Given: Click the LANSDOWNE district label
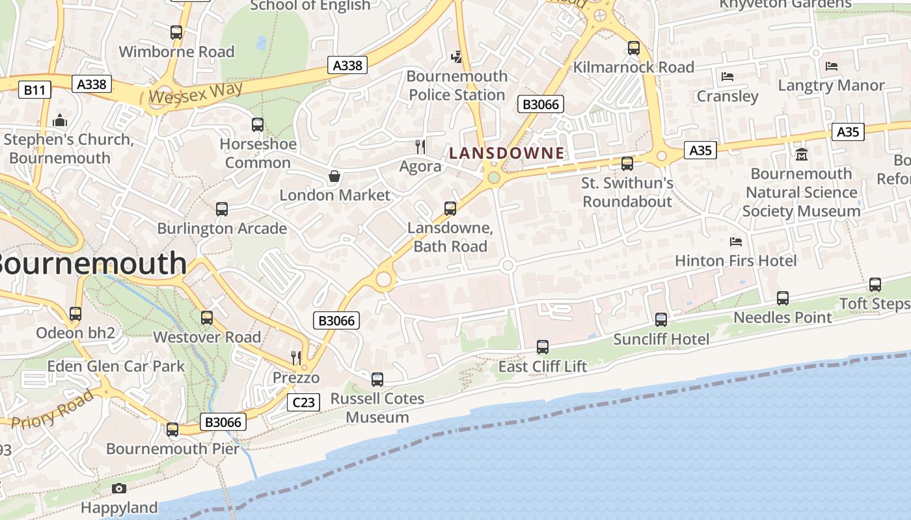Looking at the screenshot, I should [506, 153].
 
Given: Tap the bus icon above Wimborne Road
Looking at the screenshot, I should [176, 32].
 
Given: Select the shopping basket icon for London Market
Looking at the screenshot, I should [334, 176].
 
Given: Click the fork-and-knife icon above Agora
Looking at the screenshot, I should [420, 147].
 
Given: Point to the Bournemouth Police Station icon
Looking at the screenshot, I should [457, 57].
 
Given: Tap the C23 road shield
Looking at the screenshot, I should [303, 402].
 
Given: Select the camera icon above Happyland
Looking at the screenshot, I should [119, 488].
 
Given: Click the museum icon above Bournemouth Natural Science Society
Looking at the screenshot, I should [801, 155].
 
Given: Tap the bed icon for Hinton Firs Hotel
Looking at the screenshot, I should [736, 242].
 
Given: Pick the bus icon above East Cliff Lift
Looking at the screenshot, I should [543, 347].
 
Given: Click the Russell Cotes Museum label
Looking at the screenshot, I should [377, 408].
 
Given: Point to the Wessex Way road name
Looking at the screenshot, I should [195, 93].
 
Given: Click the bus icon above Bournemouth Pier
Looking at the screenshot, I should [172, 430].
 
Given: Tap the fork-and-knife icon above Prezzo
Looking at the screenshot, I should [296, 357].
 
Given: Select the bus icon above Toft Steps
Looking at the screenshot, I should [875, 285].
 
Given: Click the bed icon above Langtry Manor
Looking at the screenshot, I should [832, 66].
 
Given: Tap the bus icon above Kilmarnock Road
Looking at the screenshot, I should [633, 48].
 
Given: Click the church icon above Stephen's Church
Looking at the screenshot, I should [60, 121].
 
